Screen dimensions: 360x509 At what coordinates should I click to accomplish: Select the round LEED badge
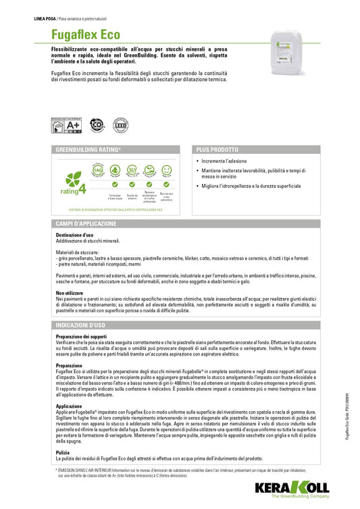121,126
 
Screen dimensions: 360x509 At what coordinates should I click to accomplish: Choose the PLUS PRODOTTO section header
217,149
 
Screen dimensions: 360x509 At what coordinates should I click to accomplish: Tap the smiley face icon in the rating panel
166,169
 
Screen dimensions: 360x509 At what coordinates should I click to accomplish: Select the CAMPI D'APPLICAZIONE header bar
86,224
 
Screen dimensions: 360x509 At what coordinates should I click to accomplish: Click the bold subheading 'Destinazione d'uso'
74,235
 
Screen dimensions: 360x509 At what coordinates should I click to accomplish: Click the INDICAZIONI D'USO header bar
81,326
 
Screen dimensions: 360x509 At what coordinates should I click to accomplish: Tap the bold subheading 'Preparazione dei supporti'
81,336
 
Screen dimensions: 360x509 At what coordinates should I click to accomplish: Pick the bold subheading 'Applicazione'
69,406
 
